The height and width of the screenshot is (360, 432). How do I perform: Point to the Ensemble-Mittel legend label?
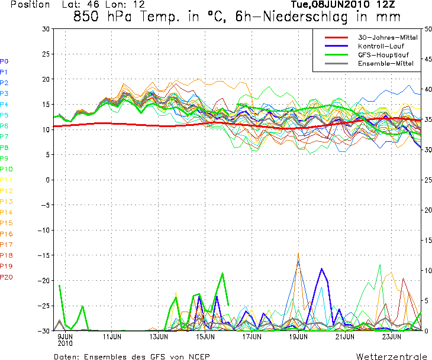point(382,63)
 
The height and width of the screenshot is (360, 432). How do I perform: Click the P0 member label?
point(4,61)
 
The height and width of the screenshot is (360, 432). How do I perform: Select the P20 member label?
point(6,277)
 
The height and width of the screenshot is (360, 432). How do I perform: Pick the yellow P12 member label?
point(6,191)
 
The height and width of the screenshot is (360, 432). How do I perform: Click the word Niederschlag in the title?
point(292,17)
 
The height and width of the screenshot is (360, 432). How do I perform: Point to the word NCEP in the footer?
point(198,356)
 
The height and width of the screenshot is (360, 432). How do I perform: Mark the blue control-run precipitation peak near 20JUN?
point(322,269)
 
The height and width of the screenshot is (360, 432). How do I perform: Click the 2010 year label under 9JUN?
point(65,343)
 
